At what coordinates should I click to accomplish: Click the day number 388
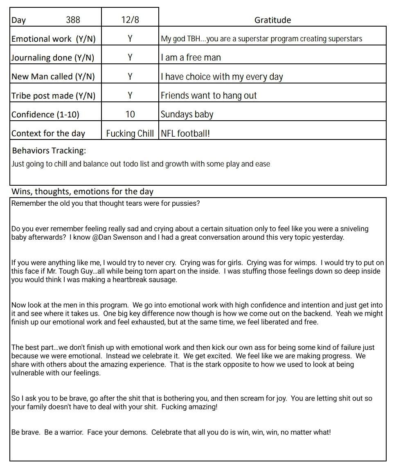pos(73,20)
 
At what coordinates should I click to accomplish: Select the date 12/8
pos(130,20)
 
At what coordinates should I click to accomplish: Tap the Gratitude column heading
pos(272,20)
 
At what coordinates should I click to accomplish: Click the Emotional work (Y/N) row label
pos(53,39)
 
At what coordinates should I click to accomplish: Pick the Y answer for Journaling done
pos(130,58)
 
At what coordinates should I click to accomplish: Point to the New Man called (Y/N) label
pos(53,76)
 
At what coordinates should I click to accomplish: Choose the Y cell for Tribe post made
pos(130,95)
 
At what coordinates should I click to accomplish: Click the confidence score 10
pos(130,114)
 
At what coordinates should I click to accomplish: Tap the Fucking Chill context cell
pos(130,133)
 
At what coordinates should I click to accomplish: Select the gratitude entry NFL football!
pos(185,133)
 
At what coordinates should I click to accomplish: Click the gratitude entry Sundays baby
pos(187,114)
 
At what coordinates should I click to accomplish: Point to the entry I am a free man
pos(191,58)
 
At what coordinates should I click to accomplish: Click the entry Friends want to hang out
pos(209,95)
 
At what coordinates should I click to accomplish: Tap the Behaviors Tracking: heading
pos(49,151)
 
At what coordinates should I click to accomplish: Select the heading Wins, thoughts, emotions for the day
pos(82,191)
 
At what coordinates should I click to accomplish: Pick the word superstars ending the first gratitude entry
pos(344,39)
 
